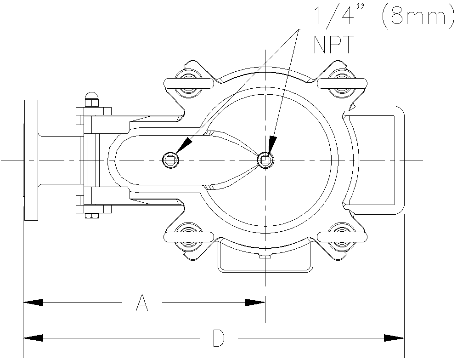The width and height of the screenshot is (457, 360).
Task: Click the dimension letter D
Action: click(x=219, y=338)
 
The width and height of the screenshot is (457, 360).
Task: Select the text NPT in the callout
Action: click(x=334, y=45)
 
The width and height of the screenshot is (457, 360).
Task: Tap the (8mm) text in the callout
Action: click(x=415, y=17)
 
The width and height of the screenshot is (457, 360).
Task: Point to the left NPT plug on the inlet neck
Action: click(x=170, y=160)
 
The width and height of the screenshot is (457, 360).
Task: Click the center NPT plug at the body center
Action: click(x=265, y=160)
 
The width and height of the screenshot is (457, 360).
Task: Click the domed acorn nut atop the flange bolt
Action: click(x=92, y=97)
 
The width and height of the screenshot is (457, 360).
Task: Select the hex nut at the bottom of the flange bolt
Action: click(x=92, y=213)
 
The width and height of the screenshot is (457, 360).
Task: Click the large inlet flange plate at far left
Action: click(x=31, y=160)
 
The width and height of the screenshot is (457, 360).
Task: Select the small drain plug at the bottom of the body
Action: click(x=265, y=257)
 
